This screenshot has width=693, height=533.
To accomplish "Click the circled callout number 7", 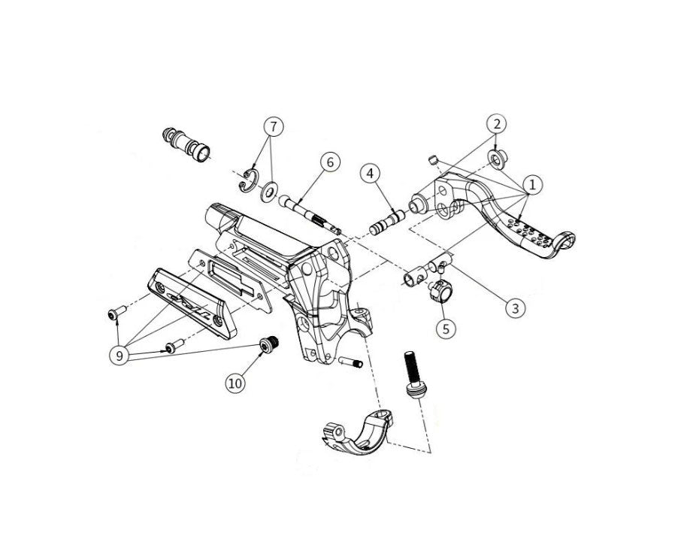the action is pyautogui.click(x=274, y=127).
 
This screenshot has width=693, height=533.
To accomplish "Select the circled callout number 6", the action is pyautogui.click(x=331, y=162).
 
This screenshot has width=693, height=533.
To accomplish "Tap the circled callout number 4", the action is pyautogui.click(x=371, y=174).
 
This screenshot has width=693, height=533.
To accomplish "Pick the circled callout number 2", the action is pyautogui.click(x=497, y=124).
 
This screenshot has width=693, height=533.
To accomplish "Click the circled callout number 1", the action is pyautogui.click(x=532, y=185).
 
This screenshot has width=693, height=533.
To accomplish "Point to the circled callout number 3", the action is pyautogui.click(x=516, y=307).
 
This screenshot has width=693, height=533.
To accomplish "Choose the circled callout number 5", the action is pyautogui.click(x=446, y=329).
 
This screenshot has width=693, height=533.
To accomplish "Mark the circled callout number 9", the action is pyautogui.click(x=120, y=355).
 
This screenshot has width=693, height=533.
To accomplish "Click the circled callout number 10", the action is pyautogui.click(x=235, y=383).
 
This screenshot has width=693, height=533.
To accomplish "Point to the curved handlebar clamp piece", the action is pyautogui.click(x=357, y=434).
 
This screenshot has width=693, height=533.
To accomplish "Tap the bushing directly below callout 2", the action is pyautogui.click(x=498, y=158).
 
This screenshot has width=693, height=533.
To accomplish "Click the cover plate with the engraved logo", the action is pyautogui.click(x=192, y=303).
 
